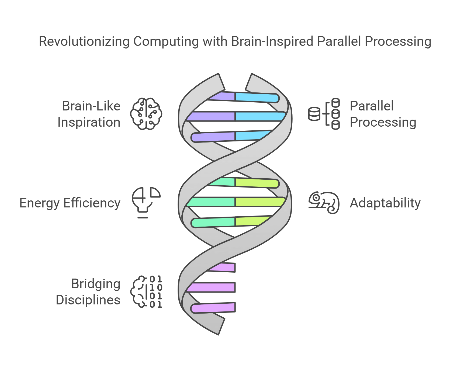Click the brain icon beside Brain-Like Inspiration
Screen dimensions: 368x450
pyautogui.click(x=146, y=114)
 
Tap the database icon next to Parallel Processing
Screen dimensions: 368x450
pyautogui.click(x=324, y=114)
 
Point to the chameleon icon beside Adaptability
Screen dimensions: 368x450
pyautogui.click(x=324, y=203)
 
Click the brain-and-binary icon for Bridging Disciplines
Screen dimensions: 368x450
pyautogui.click(x=146, y=292)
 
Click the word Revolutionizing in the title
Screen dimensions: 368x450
pyautogui.click(x=84, y=41)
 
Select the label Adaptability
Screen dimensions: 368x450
pyautogui.click(x=385, y=203)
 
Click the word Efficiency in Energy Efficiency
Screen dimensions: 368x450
pyautogui.click(x=92, y=203)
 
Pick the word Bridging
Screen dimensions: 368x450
pyautogui.click(x=96, y=284)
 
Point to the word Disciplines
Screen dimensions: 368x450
pyautogui.click(x=88, y=300)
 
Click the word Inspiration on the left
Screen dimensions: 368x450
pyautogui.click(x=89, y=122)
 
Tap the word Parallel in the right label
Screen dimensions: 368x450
pyautogui.click(x=371, y=106)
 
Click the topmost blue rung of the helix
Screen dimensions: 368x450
pyautogui.click(x=256, y=98)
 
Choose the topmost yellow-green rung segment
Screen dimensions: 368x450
pyautogui.click(x=256, y=183)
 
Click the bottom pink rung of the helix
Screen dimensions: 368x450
pyautogui.click(x=213, y=308)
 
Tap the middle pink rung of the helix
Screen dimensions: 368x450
pyautogui.click(x=212, y=287)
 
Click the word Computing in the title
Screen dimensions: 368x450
pyautogui.click(x=166, y=41)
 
